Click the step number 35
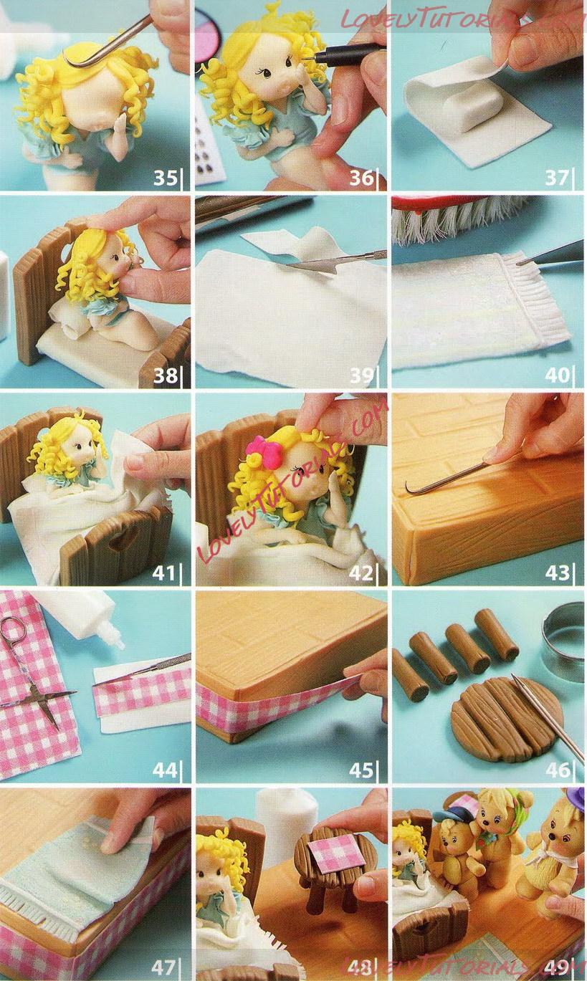(165, 178)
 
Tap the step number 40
(558, 375)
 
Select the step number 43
(558, 573)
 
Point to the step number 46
(558, 770)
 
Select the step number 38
(165, 375)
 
